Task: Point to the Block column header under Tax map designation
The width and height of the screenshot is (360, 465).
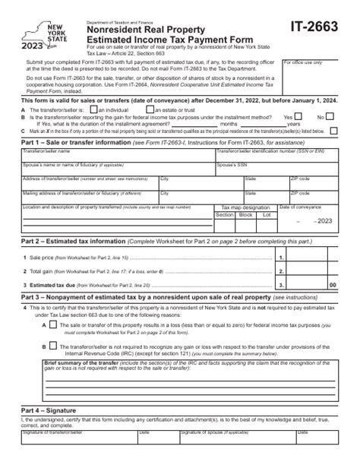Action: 245,215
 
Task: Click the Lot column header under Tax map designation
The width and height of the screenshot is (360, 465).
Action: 266,215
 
